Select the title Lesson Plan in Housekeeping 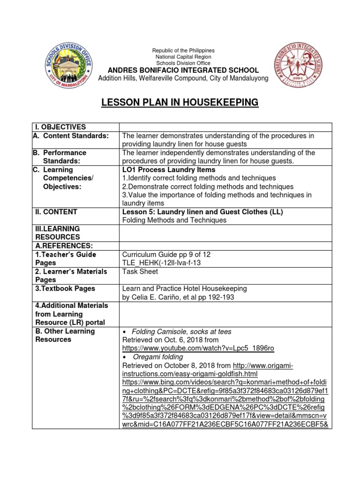click(180, 102)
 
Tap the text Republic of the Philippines click(183, 51)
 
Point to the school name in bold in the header click(183, 70)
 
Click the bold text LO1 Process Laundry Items click(169, 170)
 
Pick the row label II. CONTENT click(56, 212)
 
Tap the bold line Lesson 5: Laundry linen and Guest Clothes click(202, 212)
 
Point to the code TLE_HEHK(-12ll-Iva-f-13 click(161, 263)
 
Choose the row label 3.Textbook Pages click(65, 289)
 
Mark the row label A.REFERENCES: click(62, 246)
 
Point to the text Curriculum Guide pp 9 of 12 click(166, 255)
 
